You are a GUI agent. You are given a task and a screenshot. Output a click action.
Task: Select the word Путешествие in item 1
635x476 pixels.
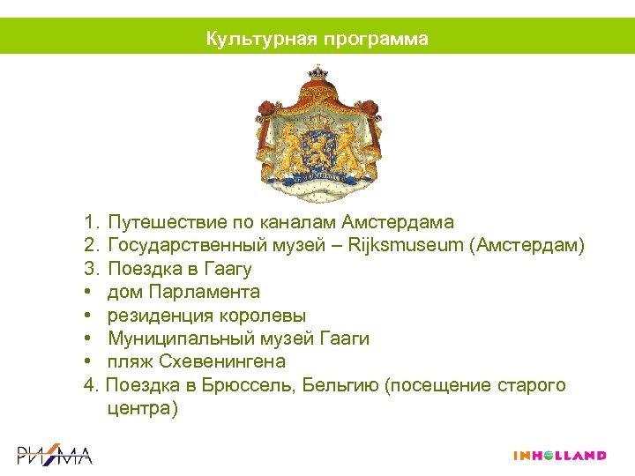pyautogui.click(x=165, y=221)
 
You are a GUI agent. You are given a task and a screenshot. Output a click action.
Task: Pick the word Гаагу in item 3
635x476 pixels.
pyautogui.click(x=228, y=268)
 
